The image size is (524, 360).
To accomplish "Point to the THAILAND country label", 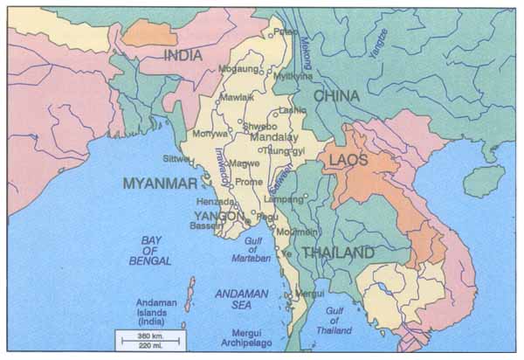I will tap(338, 253).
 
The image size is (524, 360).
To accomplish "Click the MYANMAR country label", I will tap(160, 183).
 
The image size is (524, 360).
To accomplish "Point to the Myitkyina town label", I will tap(293, 76).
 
